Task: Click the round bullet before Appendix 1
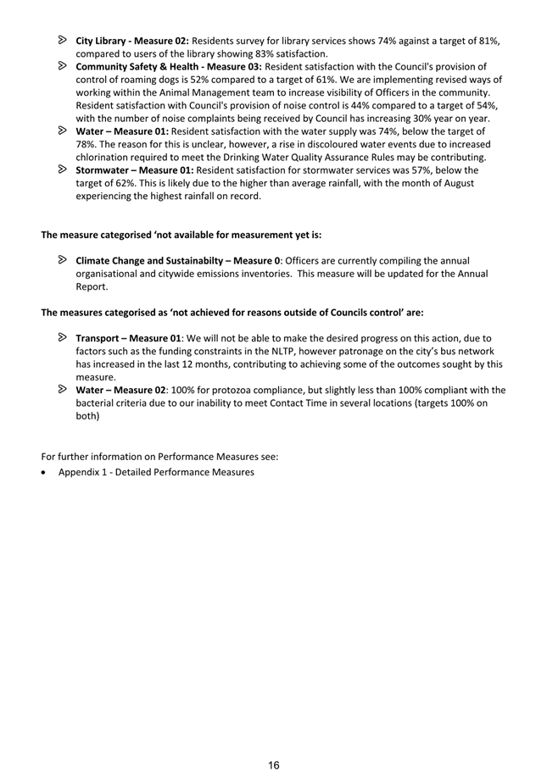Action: click(x=45, y=472)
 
